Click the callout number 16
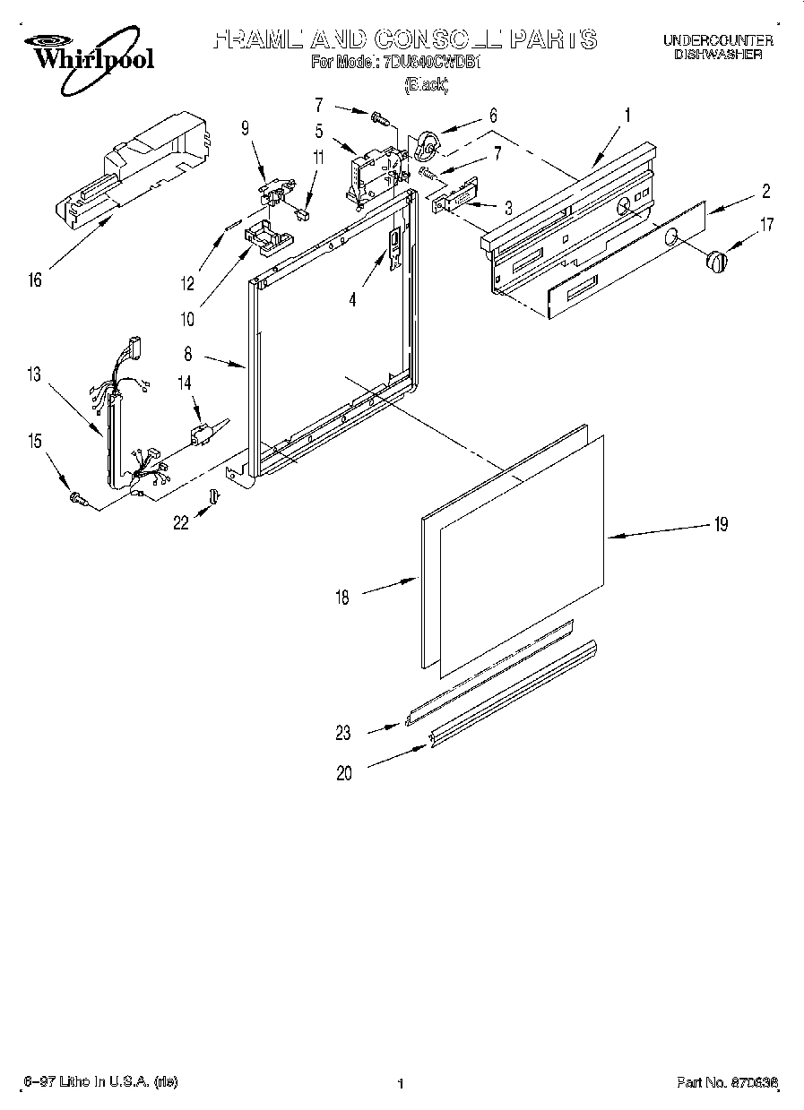coord(35,281)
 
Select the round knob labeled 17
coord(715,262)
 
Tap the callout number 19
coord(720,525)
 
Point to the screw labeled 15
coord(77,498)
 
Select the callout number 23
coord(343,733)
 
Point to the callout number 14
coord(185,383)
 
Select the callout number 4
coord(352,301)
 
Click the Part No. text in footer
coord(726,1083)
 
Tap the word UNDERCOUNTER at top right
coord(718,40)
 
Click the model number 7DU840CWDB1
coord(433,63)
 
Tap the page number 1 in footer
coord(401,1084)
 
